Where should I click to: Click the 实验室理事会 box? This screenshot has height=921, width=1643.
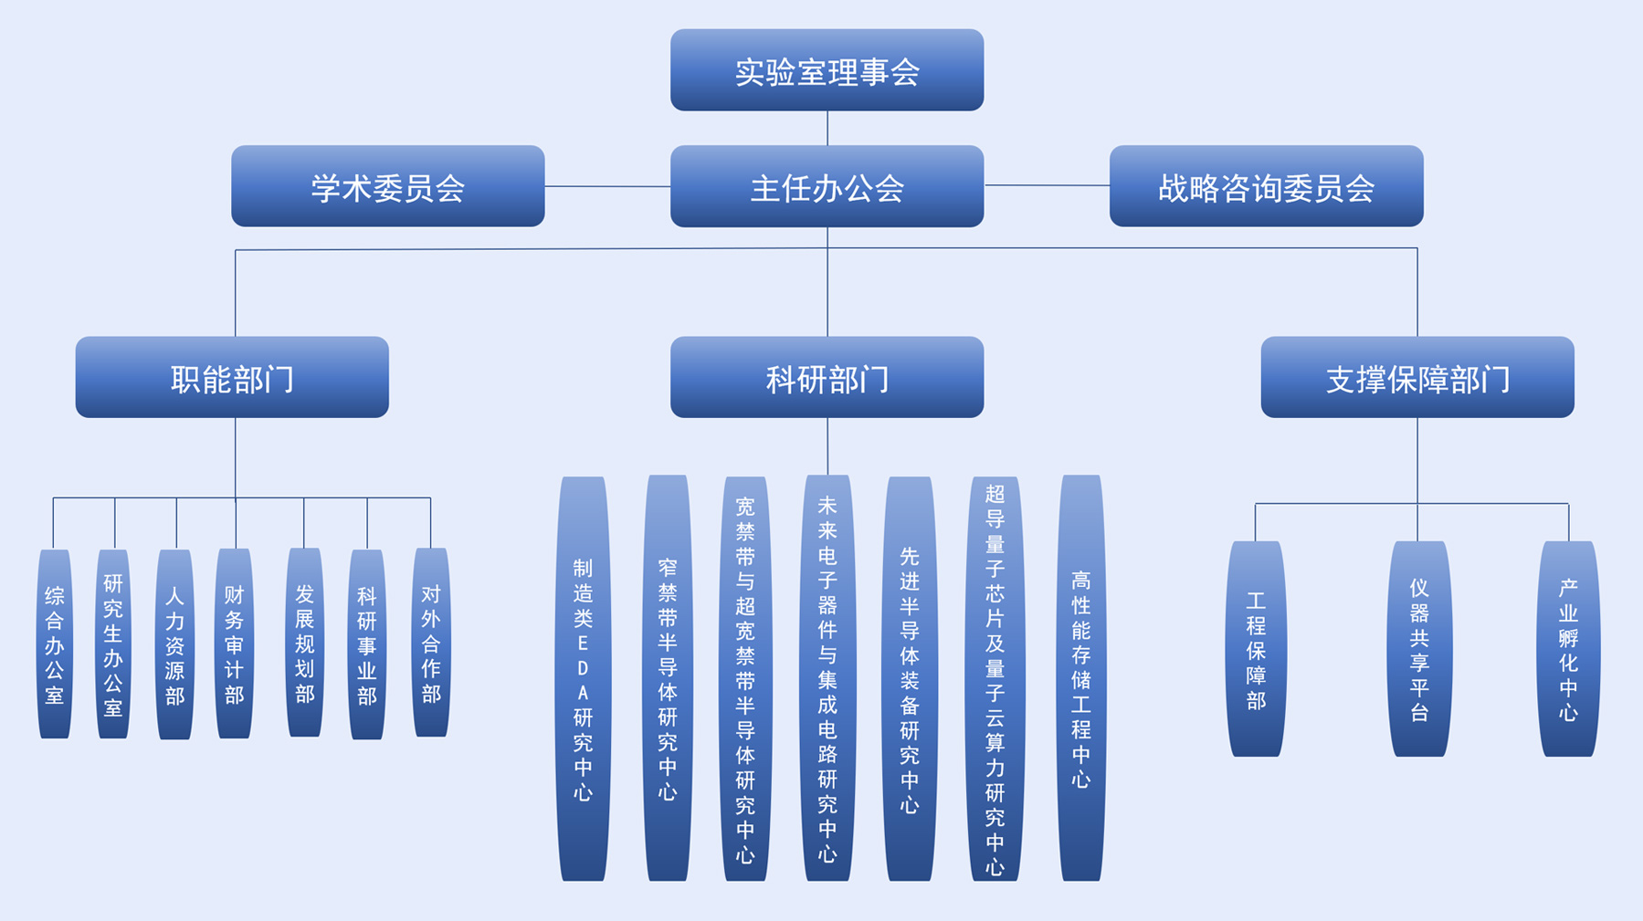[x=827, y=70]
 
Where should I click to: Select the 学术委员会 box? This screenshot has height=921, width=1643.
[x=387, y=186]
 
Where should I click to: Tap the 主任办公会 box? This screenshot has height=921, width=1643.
[x=827, y=186]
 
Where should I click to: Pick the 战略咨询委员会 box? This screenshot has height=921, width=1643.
[x=1266, y=186]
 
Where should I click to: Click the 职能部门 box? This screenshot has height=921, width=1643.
[x=232, y=377]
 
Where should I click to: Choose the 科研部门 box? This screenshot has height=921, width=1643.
[x=827, y=377]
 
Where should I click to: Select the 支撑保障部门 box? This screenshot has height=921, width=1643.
[x=1417, y=377]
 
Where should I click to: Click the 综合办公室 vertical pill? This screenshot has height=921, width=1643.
[x=55, y=644]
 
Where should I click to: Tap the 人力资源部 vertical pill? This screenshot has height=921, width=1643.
[x=174, y=644]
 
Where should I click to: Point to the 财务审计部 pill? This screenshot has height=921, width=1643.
[x=235, y=644]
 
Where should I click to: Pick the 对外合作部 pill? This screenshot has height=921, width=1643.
[x=431, y=643]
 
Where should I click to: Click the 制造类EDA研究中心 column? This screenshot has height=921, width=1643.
[x=583, y=678]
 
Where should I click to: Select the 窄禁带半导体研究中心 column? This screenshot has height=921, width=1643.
[x=668, y=678]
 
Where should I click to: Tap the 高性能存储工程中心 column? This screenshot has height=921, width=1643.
[x=1081, y=678]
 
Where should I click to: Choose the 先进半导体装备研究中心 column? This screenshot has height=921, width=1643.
[x=910, y=678]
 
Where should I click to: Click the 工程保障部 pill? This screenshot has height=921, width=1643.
[x=1256, y=649]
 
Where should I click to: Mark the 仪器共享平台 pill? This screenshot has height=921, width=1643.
[x=1418, y=649]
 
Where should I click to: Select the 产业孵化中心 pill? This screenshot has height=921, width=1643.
[x=1568, y=649]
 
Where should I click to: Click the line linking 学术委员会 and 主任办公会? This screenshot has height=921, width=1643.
[x=607, y=186]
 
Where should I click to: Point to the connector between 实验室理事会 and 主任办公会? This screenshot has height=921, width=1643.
[x=827, y=128]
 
